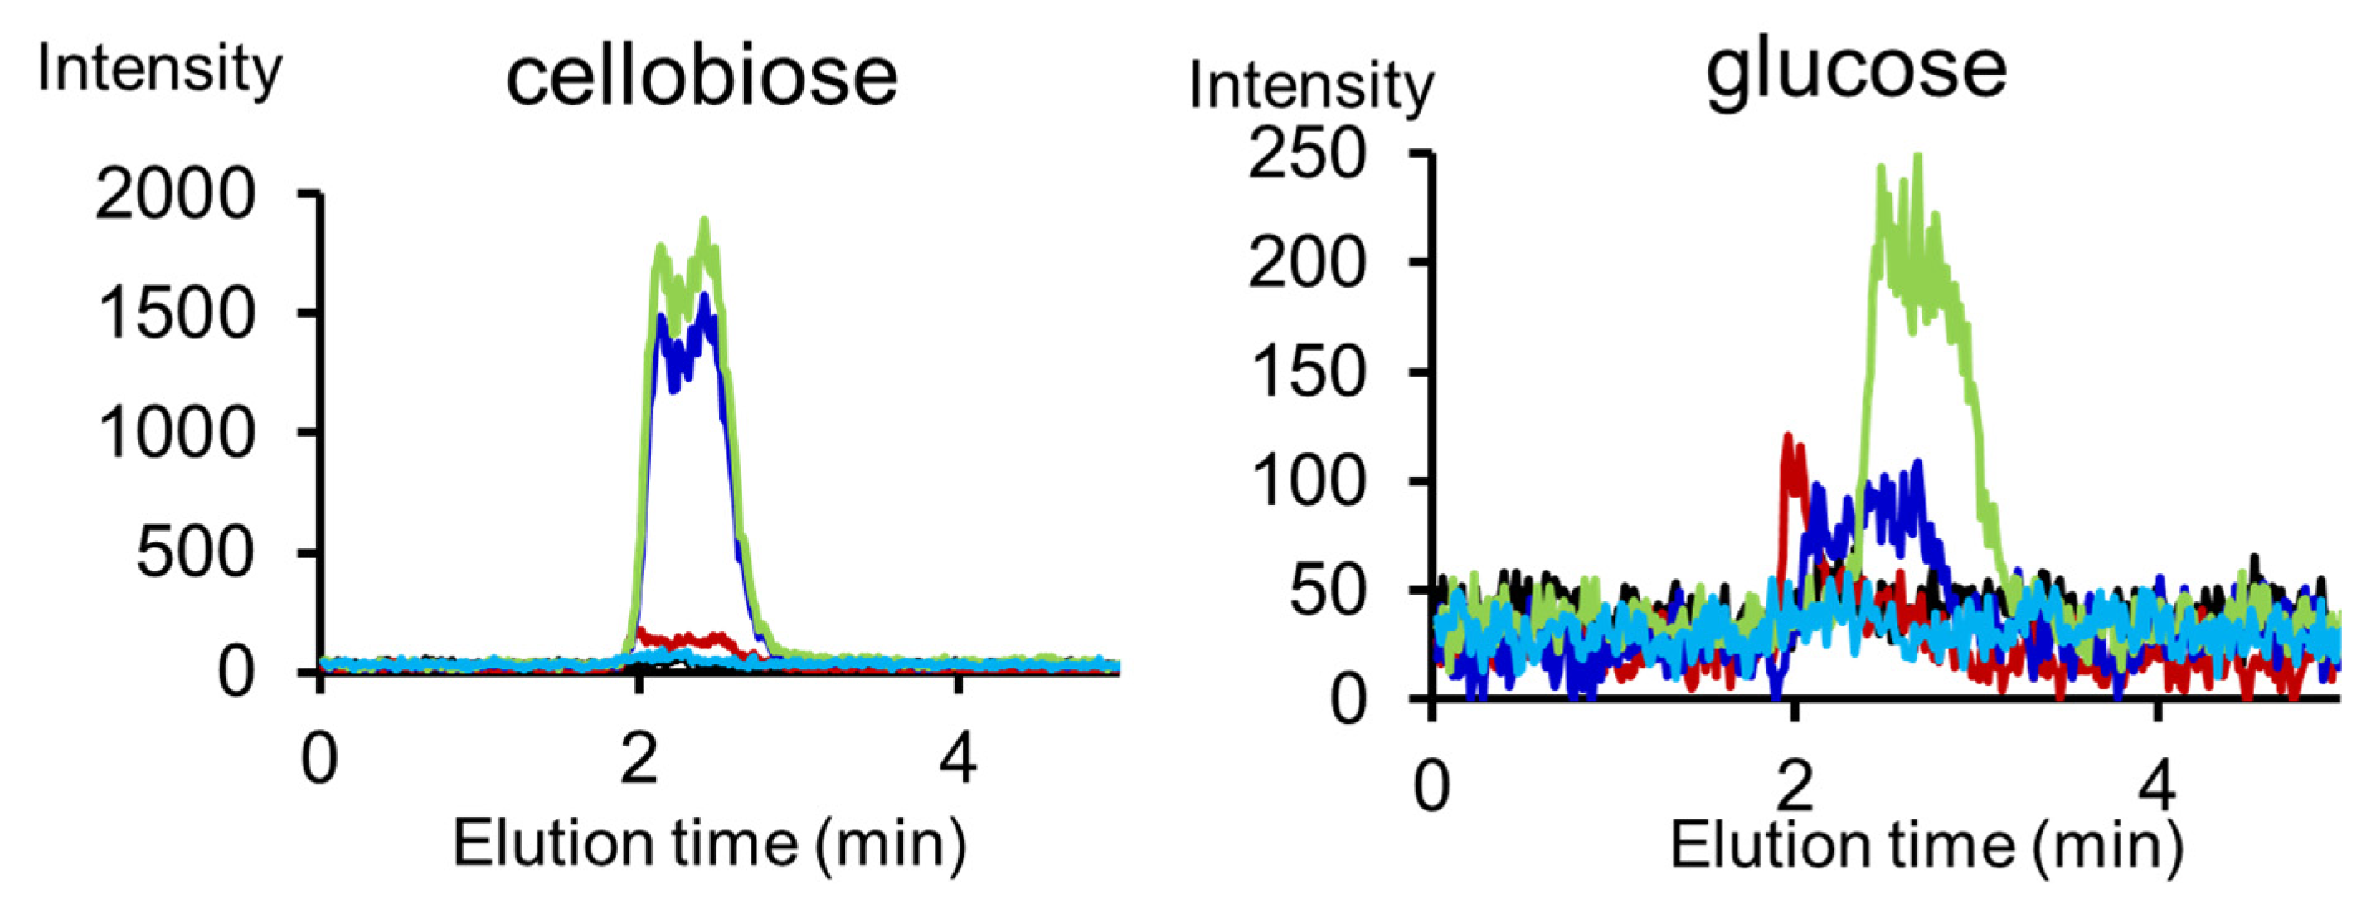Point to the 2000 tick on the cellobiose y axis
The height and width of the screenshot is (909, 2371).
tap(175, 194)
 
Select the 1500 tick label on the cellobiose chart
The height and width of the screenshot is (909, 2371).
tap(175, 314)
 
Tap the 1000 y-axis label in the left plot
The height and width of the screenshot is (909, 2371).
tap(175, 432)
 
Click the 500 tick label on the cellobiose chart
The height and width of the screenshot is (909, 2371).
tap(194, 553)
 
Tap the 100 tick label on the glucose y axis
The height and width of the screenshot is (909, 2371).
tap(1306, 481)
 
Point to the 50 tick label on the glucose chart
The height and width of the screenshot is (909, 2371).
tap(1325, 591)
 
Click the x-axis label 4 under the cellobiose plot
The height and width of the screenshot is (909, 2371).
tap(958, 760)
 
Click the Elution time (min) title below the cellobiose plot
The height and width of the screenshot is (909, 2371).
tap(710, 843)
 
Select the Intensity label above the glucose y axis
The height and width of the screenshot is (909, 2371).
tap(1310, 85)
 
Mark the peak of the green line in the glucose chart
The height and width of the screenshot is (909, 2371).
tap(1918, 158)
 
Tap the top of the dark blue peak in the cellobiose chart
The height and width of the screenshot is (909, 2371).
tap(704, 297)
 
